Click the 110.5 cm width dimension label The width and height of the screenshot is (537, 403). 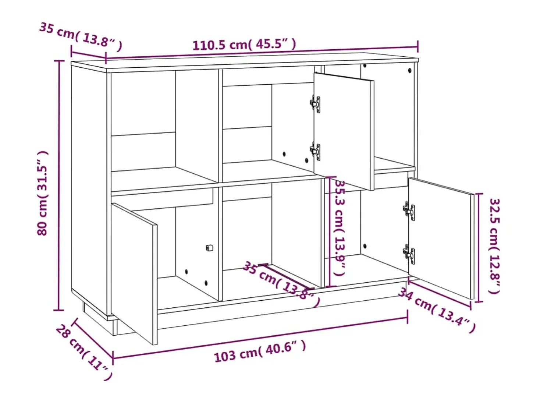tap(244, 45)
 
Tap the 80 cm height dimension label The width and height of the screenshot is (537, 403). tap(43, 193)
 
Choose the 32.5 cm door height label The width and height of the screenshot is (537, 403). tap(494, 246)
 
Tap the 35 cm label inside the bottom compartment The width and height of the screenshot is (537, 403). tap(281, 284)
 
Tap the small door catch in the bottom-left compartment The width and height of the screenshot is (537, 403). tap(209, 248)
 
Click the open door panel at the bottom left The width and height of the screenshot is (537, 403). tap(134, 273)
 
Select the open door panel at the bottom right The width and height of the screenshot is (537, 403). tap(441, 238)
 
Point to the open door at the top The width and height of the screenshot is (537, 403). tap(344, 131)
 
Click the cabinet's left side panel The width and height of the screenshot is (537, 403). tap(89, 191)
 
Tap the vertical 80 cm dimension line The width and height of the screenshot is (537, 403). tap(59, 185)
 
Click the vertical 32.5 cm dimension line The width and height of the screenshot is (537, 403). tap(479, 248)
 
